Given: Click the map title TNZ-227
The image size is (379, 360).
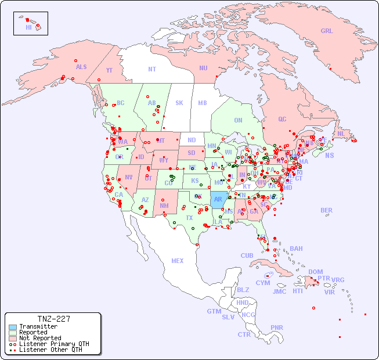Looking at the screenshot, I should point(54,319).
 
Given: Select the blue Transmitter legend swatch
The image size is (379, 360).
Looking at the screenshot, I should point(12,326).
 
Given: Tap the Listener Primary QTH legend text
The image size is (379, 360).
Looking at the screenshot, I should point(54,344).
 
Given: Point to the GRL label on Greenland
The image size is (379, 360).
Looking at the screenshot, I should point(327,31).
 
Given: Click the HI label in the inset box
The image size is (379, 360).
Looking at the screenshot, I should point(28,27).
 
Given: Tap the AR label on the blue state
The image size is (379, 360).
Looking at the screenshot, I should point(218,199).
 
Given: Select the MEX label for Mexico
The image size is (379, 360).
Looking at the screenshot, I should point(178,261).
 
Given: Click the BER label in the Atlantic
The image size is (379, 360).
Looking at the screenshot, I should point(327,210).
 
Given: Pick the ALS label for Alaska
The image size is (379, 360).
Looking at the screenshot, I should point(81,67).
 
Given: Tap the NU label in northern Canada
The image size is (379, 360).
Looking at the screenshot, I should point(203,68).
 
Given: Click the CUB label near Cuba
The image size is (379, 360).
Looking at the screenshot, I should point(247,255).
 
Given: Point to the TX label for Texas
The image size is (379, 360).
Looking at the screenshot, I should point(189,218).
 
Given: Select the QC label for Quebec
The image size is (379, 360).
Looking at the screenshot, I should point(282,119).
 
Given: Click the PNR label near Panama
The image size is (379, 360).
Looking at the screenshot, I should point(277,327).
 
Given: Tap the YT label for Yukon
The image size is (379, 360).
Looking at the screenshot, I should point(109,70).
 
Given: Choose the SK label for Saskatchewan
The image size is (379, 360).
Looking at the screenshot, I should point(179,103).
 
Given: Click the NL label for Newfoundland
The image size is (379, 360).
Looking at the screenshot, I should point(341,134).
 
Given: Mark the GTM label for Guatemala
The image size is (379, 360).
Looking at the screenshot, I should point(214,311).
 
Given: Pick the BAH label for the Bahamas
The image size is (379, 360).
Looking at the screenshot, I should point(296,249).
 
